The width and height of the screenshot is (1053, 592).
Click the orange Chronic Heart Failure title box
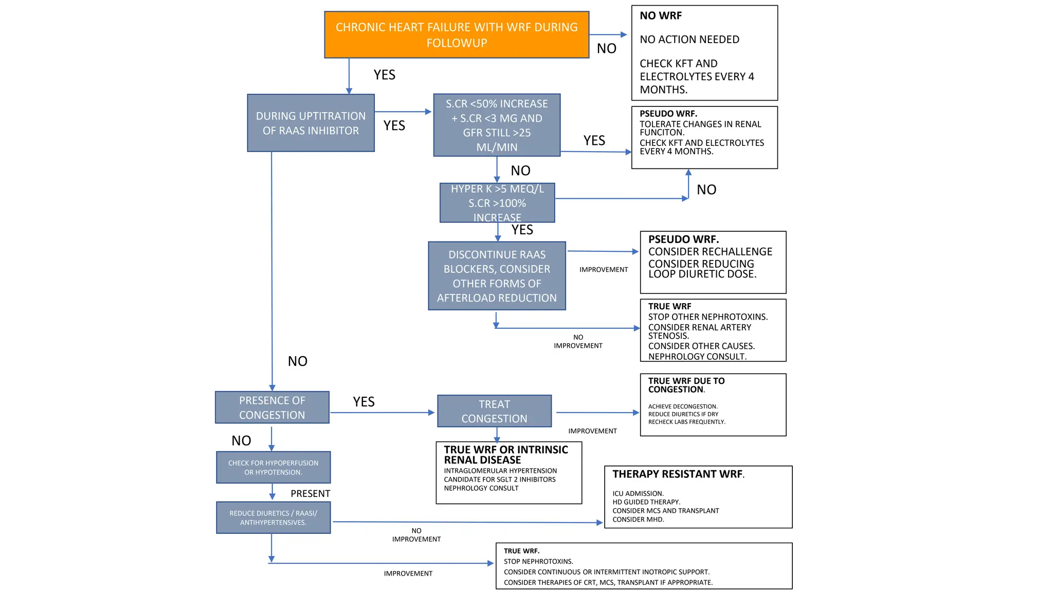click(x=457, y=35)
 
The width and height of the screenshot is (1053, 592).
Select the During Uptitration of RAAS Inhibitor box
click(x=311, y=123)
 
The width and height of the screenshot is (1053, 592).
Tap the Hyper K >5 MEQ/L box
click(x=497, y=202)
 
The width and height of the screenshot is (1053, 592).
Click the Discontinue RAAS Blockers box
click(x=497, y=276)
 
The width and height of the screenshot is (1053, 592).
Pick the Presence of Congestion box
click(x=272, y=408)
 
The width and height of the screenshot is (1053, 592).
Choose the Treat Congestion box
click(x=494, y=411)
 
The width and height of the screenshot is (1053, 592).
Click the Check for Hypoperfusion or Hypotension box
click(x=273, y=468)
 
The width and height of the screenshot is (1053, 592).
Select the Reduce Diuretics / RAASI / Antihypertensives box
click(x=273, y=518)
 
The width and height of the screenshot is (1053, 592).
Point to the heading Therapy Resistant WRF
click(x=678, y=474)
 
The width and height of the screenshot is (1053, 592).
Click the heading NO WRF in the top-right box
click(x=661, y=16)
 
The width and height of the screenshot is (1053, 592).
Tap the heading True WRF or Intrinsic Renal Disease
click(x=505, y=455)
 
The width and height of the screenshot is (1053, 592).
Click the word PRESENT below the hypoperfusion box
click(x=310, y=494)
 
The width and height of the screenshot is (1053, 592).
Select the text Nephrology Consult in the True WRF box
click(x=697, y=357)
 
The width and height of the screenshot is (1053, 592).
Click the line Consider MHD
click(x=638, y=520)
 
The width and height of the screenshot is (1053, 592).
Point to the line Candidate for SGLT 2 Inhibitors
click(x=499, y=479)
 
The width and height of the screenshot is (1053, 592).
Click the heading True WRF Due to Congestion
click(x=686, y=385)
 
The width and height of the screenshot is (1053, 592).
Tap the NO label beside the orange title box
click(x=606, y=49)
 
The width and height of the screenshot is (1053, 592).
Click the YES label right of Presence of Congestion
click(x=364, y=402)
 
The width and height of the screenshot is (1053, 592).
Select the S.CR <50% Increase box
click(x=497, y=125)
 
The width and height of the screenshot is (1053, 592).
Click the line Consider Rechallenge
click(x=710, y=252)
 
